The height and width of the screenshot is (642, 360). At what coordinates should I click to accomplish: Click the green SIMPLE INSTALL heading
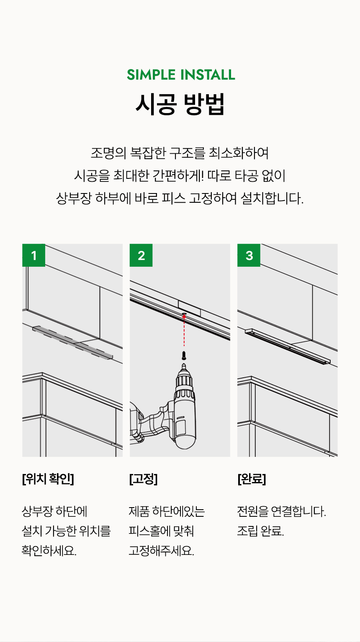click(x=181, y=75)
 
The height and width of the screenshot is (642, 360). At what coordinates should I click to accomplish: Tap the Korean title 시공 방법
click(x=180, y=104)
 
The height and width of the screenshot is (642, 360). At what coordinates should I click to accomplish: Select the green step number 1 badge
click(x=34, y=255)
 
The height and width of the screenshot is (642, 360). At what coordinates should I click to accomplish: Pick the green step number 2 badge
click(x=141, y=255)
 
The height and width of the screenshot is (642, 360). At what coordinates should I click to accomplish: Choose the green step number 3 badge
click(x=249, y=255)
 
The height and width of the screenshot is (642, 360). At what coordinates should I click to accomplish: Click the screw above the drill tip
click(x=184, y=356)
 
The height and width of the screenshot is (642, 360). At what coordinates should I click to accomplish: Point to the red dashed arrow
click(x=184, y=330)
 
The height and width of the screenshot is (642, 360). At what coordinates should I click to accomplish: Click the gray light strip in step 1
click(x=72, y=343)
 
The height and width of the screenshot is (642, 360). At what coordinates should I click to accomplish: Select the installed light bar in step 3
click(x=288, y=346)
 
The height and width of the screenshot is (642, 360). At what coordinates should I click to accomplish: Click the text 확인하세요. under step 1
click(x=49, y=551)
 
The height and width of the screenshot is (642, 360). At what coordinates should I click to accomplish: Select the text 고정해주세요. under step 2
click(x=162, y=551)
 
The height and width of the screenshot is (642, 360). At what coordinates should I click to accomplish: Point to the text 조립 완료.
click(x=260, y=531)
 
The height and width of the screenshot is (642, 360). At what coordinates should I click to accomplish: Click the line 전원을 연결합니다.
click(x=282, y=512)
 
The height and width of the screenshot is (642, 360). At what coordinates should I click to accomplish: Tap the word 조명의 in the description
click(x=108, y=153)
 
